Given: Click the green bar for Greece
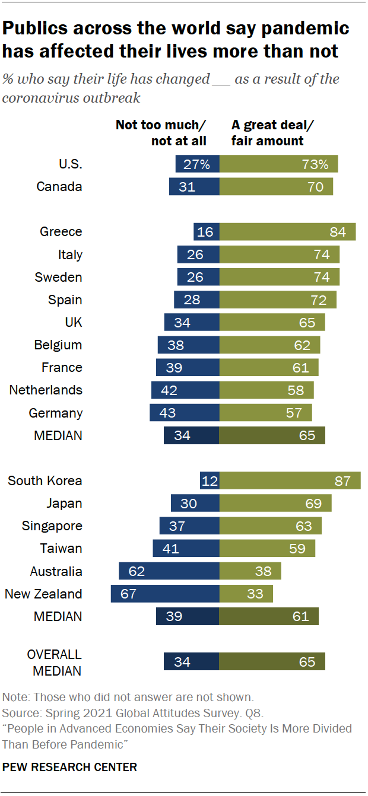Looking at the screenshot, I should [x=287, y=232].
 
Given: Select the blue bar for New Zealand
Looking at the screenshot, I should [x=165, y=594].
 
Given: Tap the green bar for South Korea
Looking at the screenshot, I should [x=290, y=480].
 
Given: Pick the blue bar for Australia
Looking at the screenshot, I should [x=169, y=571].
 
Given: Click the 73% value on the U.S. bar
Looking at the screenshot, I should [x=314, y=164].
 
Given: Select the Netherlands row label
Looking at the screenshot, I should [x=46, y=390].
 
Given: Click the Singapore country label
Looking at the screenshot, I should [x=52, y=526].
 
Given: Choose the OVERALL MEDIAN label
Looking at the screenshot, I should [x=55, y=662].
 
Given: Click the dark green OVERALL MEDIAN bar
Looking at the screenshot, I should [x=272, y=662].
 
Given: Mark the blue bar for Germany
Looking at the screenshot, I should [x=185, y=413].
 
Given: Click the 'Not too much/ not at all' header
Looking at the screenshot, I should [x=161, y=133].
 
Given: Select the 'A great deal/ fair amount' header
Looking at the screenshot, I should [x=267, y=133].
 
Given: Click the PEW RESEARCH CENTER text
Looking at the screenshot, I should [x=69, y=767].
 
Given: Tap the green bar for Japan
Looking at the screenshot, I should [x=275, y=504].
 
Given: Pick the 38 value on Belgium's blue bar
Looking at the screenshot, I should [x=176, y=345].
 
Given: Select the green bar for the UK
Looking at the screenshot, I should [x=272, y=323].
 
